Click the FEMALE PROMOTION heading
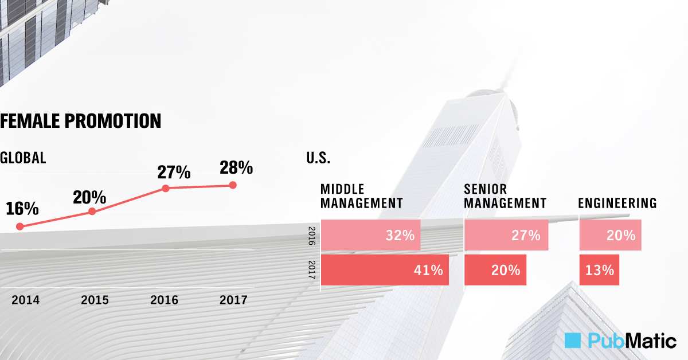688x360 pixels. tap(80, 121)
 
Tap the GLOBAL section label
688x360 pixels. tap(23, 158)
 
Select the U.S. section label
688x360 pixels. tap(318, 158)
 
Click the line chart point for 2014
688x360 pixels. tap(20, 226)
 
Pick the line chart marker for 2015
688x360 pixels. tap(92, 212)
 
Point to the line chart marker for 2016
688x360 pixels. tap(165, 188)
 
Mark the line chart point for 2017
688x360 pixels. tap(232, 185)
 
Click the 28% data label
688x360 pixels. tap(236, 167)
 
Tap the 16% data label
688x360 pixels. tap(22, 208)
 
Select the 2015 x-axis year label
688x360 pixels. tap(95, 300)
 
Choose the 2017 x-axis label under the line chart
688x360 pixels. tap(233, 300)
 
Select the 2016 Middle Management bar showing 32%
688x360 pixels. tap(371, 235)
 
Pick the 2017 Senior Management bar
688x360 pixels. tap(495, 270)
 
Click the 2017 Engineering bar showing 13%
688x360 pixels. tap(599, 270)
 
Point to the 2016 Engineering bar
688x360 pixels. tap(610, 235)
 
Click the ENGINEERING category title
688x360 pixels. tap(617, 203)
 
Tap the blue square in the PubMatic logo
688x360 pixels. tap(573, 341)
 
